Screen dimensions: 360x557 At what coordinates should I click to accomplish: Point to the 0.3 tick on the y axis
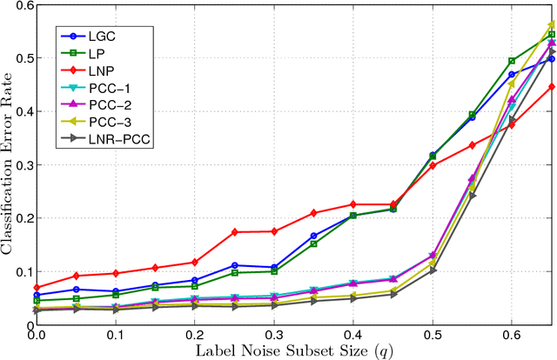click(x=23, y=165)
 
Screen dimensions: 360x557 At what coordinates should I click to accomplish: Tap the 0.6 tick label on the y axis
click(x=23, y=6)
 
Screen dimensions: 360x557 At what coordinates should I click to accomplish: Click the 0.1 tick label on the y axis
click(x=23, y=271)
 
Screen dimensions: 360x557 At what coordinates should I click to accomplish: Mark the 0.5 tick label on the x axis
click(x=433, y=335)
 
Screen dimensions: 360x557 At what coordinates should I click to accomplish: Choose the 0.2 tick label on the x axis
click(x=194, y=335)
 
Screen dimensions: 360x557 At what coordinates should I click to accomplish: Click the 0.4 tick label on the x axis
click(x=353, y=335)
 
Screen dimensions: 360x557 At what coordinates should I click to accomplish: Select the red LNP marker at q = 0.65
click(x=552, y=87)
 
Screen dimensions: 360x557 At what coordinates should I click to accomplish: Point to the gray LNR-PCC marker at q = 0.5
click(x=433, y=270)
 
